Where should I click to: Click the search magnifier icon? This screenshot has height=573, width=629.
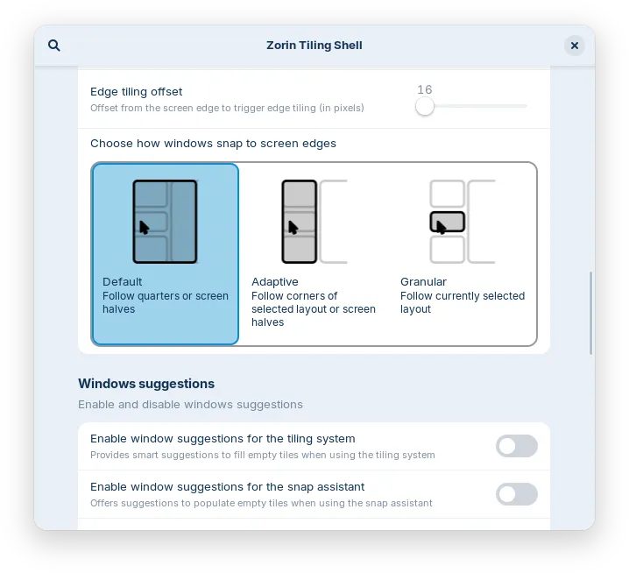(54, 46)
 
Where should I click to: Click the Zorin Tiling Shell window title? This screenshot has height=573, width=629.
(314, 46)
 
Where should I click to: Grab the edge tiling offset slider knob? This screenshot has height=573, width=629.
(425, 106)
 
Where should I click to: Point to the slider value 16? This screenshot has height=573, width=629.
(425, 89)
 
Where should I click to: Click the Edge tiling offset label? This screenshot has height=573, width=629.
(136, 91)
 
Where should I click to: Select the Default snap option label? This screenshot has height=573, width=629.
(122, 282)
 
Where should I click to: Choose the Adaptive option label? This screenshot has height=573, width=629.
(274, 282)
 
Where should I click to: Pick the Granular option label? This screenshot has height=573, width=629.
(423, 282)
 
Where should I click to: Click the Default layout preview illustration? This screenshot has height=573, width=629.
(165, 222)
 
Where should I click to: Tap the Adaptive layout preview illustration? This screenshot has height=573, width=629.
(314, 222)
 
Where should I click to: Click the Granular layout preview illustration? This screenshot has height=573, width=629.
(463, 222)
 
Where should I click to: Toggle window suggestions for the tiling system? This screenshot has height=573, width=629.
(516, 446)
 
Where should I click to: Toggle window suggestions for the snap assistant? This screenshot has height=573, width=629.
(516, 494)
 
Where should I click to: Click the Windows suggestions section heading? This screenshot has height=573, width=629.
(146, 384)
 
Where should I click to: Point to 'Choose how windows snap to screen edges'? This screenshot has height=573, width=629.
(213, 143)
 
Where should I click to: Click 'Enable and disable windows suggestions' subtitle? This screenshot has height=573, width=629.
(190, 405)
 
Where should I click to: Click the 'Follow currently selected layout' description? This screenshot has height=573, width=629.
(463, 302)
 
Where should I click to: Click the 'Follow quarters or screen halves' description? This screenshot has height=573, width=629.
(165, 302)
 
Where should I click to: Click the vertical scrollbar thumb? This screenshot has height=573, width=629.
(591, 313)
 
